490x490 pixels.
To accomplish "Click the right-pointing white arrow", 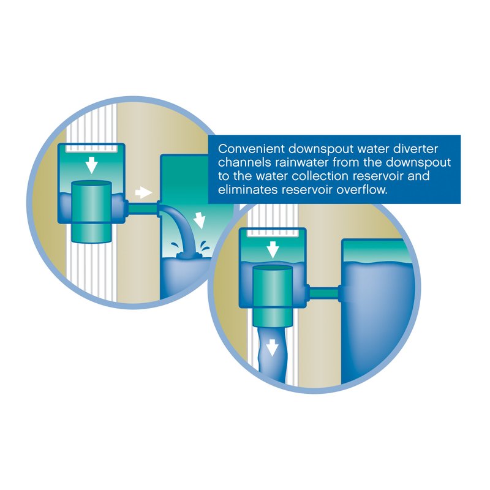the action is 144,192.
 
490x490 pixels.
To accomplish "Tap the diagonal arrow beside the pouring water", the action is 199,220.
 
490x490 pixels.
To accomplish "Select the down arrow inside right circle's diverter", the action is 273,249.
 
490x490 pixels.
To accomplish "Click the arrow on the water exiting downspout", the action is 272,348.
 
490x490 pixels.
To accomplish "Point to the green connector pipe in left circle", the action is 143,208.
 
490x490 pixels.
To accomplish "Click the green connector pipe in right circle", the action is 324,293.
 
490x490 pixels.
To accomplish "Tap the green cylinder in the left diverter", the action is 92,211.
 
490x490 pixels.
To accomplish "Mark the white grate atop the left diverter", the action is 91,148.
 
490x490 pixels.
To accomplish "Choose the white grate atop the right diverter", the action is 273,233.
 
